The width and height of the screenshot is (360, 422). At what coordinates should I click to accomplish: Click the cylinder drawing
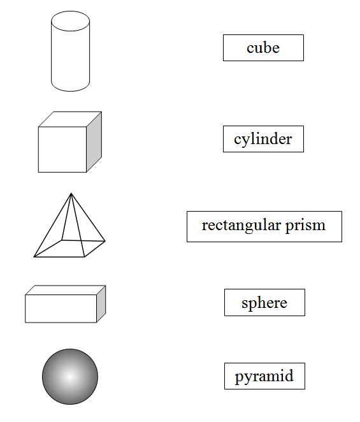click(70, 51)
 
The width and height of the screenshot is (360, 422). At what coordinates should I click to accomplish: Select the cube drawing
click(70, 142)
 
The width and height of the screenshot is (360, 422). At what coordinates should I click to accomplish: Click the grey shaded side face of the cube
click(94, 142)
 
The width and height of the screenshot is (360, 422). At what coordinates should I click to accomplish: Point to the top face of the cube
click(70, 119)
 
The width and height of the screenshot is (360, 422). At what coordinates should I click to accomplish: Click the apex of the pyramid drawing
click(71, 193)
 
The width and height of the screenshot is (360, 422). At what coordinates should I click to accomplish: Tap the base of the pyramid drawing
click(69, 249)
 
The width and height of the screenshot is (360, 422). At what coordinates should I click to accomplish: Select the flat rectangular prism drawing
click(66, 304)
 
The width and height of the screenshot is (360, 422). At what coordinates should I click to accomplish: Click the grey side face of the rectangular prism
click(101, 304)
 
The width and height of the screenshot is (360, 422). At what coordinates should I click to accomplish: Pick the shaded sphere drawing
click(70, 377)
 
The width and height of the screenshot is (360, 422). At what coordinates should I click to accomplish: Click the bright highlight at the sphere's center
click(70, 377)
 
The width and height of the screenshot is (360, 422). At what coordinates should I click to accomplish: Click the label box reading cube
click(263, 48)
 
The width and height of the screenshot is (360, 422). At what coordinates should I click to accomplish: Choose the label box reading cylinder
click(263, 139)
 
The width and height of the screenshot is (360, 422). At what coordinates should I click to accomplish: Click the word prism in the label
click(305, 226)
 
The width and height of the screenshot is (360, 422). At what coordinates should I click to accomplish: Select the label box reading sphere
click(265, 303)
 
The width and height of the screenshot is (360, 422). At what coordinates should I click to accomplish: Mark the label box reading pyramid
click(265, 376)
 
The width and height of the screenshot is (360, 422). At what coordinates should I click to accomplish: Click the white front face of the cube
click(62, 150)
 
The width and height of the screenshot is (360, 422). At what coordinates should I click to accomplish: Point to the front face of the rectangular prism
click(61, 309)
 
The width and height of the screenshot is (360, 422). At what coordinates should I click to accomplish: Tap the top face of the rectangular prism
click(66, 290)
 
